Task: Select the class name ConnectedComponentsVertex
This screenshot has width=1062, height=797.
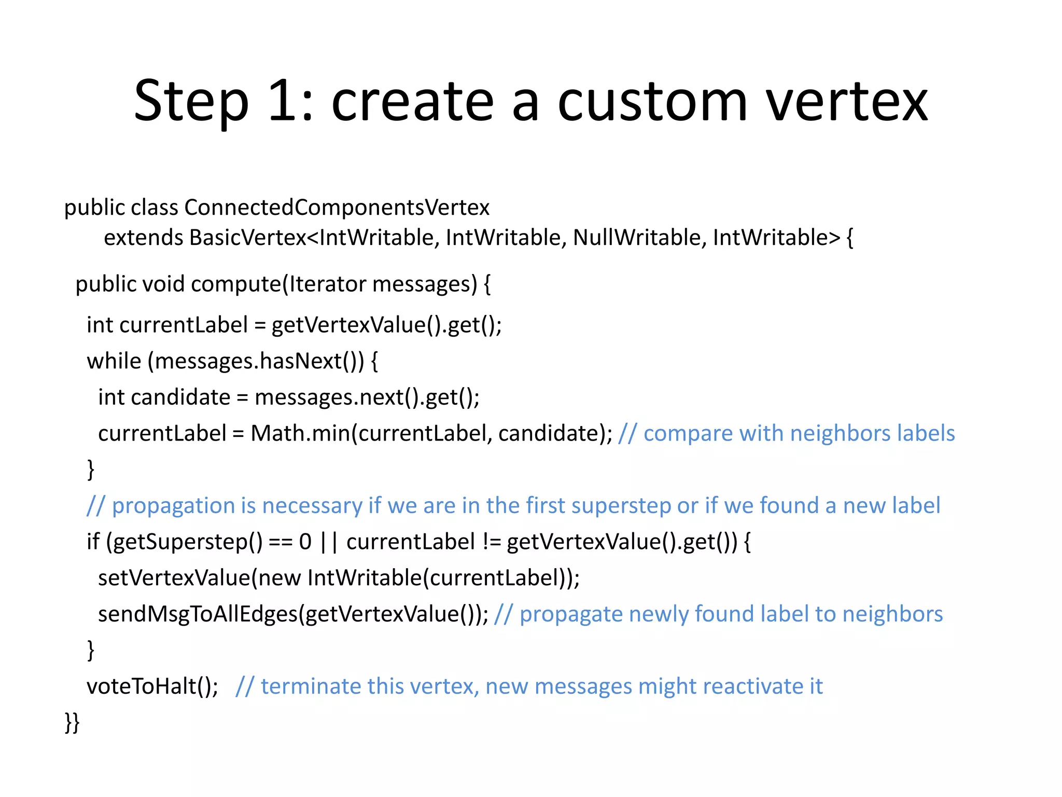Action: coord(337,208)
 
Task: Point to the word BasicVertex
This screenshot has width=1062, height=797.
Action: coord(248,238)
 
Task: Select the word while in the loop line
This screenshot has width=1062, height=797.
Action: coord(114,361)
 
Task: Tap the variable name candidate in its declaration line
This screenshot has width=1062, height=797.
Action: coord(180,397)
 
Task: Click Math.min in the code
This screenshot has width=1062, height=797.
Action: coord(300,433)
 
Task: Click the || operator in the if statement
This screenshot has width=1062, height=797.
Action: coord(329,542)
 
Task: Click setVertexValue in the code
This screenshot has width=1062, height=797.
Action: coord(174,578)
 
